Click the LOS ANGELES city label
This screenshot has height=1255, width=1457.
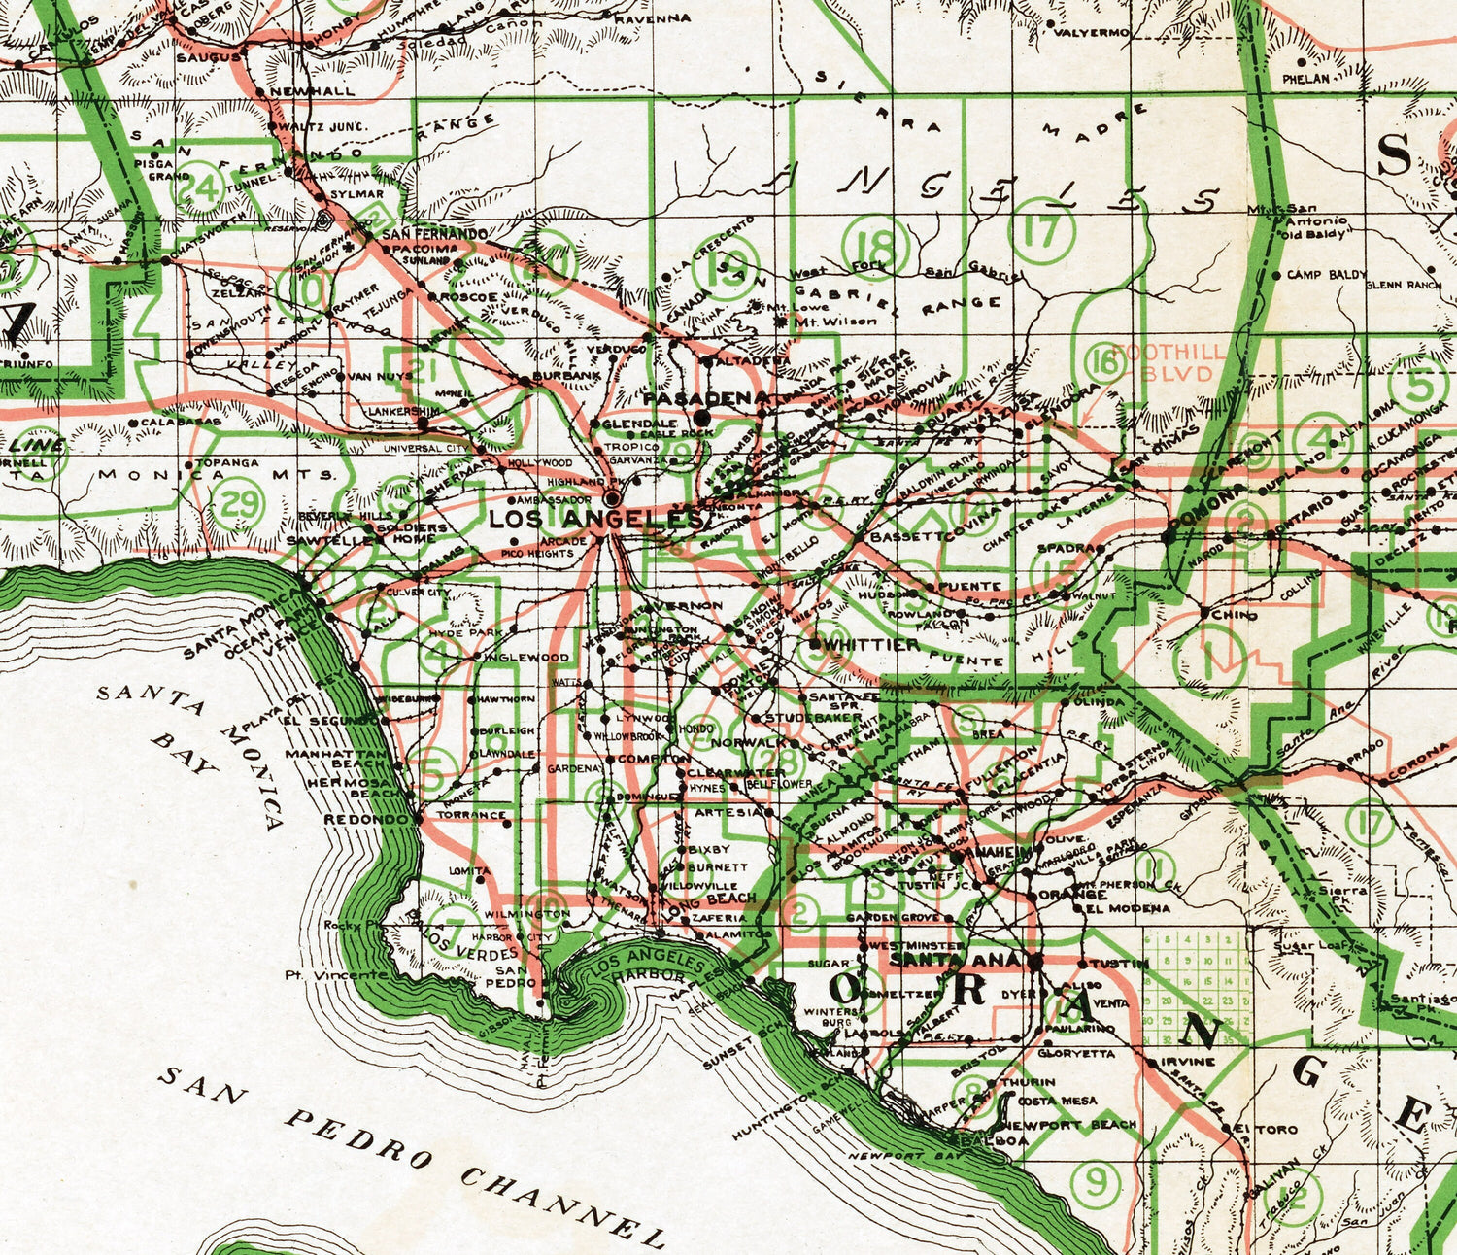coord(594,519)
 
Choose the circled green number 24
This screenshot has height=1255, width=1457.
coord(204,187)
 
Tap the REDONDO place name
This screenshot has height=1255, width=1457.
coord(363,819)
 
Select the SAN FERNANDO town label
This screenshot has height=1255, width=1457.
coord(434,235)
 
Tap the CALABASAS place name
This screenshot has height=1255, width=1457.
coord(180,423)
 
